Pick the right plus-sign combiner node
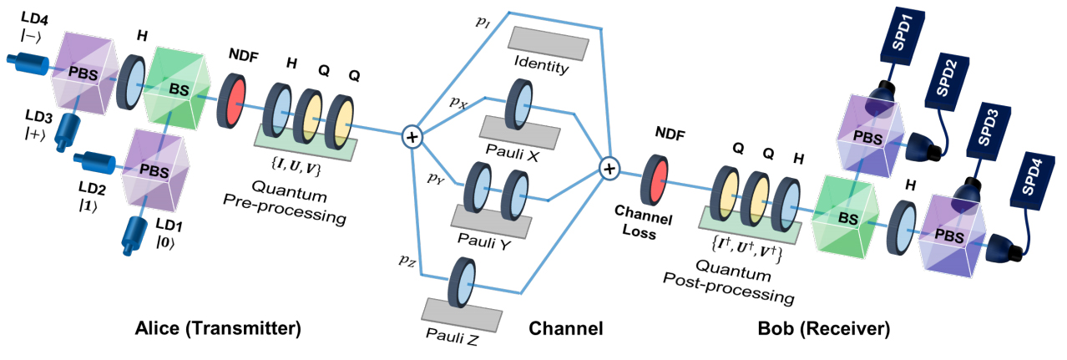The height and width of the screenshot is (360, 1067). pyautogui.click(x=609, y=170)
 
